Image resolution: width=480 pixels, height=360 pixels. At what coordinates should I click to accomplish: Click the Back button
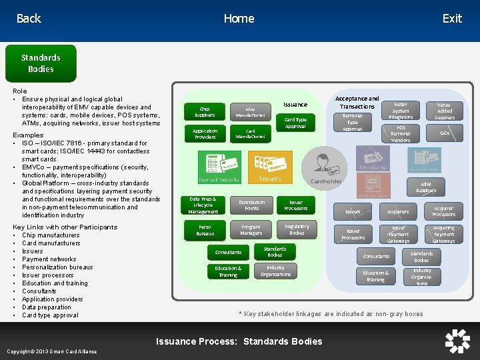(29, 19)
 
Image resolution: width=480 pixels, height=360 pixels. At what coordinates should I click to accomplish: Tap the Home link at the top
(239, 19)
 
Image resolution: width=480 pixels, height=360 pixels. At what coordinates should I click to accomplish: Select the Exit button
(451, 19)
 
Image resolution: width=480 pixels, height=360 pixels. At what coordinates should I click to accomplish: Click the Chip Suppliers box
(205, 111)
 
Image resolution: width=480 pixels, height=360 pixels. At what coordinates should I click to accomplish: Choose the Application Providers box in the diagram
(205, 134)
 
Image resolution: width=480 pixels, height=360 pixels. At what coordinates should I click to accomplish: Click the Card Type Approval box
(295, 123)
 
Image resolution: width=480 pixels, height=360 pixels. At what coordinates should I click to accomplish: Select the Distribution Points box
(251, 205)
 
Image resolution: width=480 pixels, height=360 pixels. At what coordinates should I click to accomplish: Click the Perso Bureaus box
(205, 231)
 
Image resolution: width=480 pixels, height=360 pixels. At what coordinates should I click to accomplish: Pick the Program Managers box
(251, 230)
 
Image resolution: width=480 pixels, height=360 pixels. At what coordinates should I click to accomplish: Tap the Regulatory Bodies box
(297, 230)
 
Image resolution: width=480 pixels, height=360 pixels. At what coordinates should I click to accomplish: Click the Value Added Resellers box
(445, 111)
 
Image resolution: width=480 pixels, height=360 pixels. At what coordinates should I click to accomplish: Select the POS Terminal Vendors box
(401, 134)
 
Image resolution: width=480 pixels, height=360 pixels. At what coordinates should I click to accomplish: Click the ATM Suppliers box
(426, 187)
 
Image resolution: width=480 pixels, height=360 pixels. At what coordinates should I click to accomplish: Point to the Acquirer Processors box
(443, 211)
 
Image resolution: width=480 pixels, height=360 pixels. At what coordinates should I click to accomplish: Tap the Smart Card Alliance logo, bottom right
(457, 341)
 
